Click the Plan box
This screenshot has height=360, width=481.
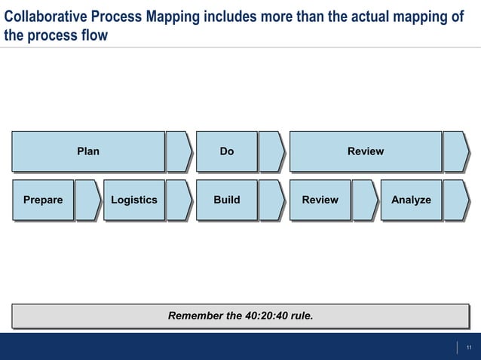pos(88,151)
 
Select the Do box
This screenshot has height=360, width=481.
pos(226,151)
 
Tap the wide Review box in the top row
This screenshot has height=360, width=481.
pos(366,151)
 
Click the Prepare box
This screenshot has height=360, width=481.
pos(43,200)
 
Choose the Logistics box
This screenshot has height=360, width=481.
pos(134,200)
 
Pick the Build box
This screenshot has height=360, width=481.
pos(226,200)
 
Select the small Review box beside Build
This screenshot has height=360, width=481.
pos(320,200)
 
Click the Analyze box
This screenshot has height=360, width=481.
pos(411,200)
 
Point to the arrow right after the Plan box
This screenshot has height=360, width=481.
pos(179,151)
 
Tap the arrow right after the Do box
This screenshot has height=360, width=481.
pos(271,151)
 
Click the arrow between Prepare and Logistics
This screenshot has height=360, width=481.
pos(87,200)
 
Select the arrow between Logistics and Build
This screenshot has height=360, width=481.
pos(179,200)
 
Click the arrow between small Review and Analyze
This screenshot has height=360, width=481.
pos(365,200)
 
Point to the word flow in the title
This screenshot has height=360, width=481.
pos(94,35)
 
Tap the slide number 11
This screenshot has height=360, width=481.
pos(469,347)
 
